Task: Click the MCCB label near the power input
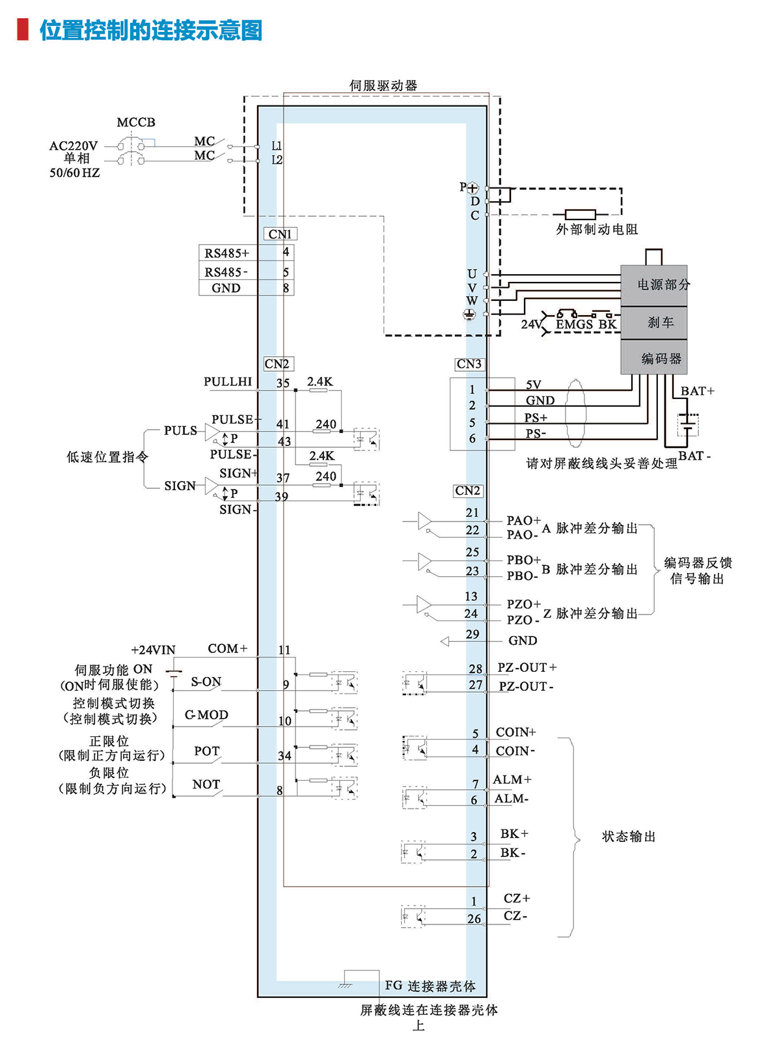coord(136,122)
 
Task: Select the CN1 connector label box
coord(281,234)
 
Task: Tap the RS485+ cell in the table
coord(227,253)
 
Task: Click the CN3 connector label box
coord(469,364)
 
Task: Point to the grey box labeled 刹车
coord(653,323)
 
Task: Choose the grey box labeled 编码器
coord(653,357)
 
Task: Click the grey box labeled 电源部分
coord(653,285)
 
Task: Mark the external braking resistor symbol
coord(580,214)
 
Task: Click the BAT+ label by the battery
coord(697,391)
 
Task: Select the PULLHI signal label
coord(228,382)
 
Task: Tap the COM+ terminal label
coord(228,648)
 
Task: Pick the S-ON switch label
coord(206,682)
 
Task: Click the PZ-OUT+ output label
coord(527,667)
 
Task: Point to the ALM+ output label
coord(512,779)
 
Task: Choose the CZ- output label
coord(515,915)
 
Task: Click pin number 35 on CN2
coord(283,383)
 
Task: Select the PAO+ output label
coord(523,520)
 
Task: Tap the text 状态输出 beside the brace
coord(629,837)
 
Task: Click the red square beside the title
coord(23,30)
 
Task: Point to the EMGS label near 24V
coord(574,324)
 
